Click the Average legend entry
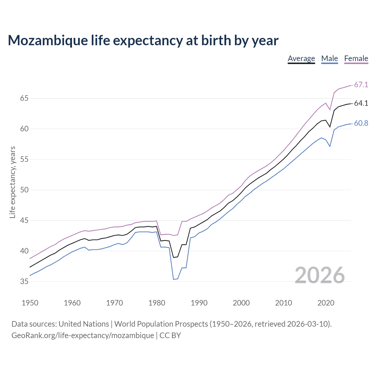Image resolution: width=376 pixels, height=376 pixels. click(301, 58)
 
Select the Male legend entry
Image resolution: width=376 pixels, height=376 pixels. click(330, 58)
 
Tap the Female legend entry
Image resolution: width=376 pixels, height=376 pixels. click(356, 58)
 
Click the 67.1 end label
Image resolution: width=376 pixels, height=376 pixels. click(361, 85)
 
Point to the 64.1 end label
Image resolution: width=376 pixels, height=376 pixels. click(361, 103)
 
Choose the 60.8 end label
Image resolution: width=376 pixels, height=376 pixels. click(361, 123)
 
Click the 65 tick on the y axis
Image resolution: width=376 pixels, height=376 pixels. click(24, 98)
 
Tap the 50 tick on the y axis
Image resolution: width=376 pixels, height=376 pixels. click(24, 190)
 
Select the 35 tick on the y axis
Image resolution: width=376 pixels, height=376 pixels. click(24, 281)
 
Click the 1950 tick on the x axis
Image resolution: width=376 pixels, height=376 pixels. click(30, 303)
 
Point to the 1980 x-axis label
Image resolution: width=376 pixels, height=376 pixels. click(157, 303)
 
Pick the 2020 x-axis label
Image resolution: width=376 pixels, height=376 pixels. click(326, 303)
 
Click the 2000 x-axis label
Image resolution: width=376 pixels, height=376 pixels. click(241, 303)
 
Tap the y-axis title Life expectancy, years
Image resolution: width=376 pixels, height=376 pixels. click(12, 182)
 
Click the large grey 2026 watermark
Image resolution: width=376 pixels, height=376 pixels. click(320, 275)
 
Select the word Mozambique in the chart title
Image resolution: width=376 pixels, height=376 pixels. click(48, 41)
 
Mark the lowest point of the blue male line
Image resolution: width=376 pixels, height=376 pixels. click(174, 279)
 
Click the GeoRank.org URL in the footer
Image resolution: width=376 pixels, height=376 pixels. click(83, 335)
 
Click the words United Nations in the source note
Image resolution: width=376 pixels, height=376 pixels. click(84, 324)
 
